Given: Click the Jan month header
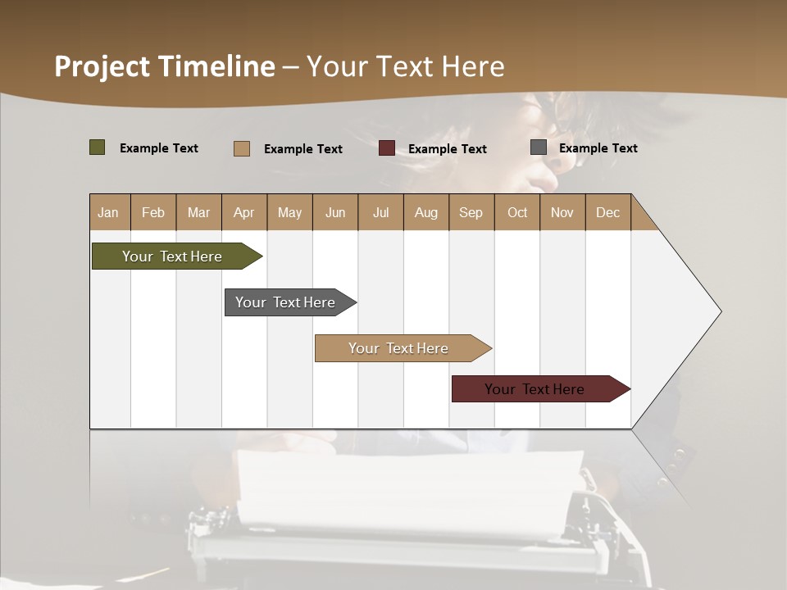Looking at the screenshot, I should tap(108, 212).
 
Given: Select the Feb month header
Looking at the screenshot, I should tap(153, 212).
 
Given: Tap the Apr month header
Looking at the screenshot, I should tap(243, 212).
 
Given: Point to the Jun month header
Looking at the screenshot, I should tap(335, 212).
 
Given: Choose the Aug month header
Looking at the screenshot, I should tap(425, 212).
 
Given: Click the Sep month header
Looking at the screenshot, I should tap(471, 212).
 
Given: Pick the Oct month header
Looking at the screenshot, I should tap(517, 212).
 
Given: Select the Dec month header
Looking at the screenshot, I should tap(607, 212).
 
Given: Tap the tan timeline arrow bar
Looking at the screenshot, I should tap(399, 348).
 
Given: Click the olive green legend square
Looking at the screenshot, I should tap(98, 147).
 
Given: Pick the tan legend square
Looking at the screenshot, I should tap(242, 148).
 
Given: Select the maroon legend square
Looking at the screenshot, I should tap(387, 148).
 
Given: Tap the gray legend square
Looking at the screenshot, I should tap(539, 147).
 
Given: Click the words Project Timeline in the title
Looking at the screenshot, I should tap(165, 66).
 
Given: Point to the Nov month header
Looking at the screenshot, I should tap(562, 212).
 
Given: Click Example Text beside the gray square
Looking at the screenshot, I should tap(598, 147).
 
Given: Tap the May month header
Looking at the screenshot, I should tap(289, 212).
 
